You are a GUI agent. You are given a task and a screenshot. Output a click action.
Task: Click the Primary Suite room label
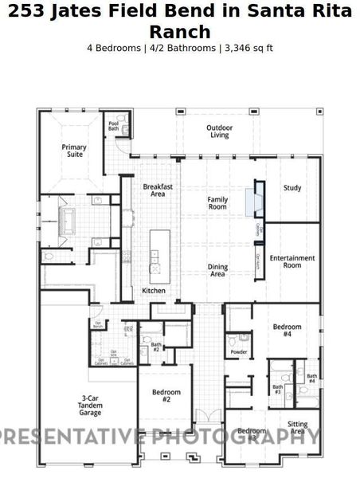(x=74, y=151)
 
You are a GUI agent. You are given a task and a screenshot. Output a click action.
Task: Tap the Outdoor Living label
(x=219, y=131)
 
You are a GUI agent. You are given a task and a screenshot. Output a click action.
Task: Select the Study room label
(x=292, y=188)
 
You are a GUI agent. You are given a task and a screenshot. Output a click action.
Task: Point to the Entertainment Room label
(x=292, y=261)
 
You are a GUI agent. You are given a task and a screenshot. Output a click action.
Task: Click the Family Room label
(x=217, y=202)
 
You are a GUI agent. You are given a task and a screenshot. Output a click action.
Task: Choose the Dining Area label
(x=217, y=271)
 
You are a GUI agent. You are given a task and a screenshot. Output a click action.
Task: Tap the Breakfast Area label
(x=158, y=190)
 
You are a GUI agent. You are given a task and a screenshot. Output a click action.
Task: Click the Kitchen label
(x=154, y=291)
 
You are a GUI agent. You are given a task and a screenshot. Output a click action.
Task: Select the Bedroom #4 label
(x=287, y=331)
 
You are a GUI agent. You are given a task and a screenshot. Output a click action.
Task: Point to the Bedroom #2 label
(x=166, y=396)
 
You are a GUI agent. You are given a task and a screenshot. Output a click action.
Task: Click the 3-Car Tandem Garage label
(x=90, y=406)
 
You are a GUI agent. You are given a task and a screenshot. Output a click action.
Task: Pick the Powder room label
(x=238, y=351)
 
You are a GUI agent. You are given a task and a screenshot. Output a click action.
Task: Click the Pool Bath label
(x=112, y=127)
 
